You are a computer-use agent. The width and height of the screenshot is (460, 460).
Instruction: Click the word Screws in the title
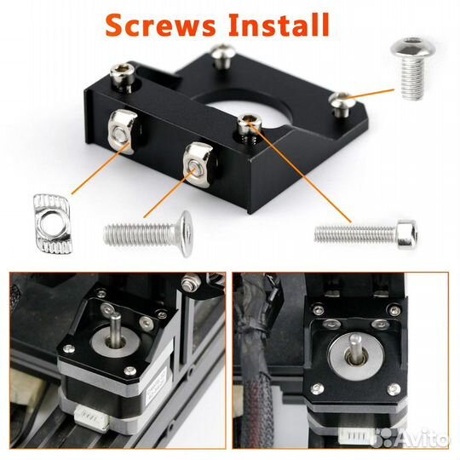160,26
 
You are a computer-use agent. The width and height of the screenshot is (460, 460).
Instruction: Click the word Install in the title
279,25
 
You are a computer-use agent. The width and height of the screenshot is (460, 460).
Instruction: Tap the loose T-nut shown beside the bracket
53,223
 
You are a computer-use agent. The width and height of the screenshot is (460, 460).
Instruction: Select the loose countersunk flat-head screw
148,233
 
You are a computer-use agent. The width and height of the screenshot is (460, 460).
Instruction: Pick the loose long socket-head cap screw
366,234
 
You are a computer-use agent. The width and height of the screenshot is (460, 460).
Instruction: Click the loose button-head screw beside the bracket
412,68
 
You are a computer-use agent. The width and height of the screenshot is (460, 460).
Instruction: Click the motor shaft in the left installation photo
116,328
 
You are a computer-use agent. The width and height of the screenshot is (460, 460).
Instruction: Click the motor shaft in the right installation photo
356,349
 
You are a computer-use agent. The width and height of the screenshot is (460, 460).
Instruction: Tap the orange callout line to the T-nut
101,169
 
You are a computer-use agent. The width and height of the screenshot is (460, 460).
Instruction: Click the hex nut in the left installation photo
191,282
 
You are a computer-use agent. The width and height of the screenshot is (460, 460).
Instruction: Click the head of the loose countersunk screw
186,233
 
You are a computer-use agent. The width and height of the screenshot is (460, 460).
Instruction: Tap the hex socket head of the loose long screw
407,234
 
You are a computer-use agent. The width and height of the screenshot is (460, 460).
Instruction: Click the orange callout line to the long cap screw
300,174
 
